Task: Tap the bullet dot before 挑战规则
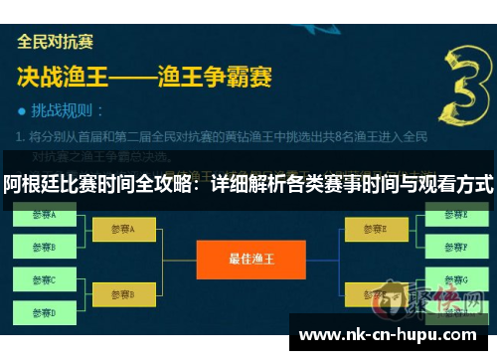click(x=23, y=110)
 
